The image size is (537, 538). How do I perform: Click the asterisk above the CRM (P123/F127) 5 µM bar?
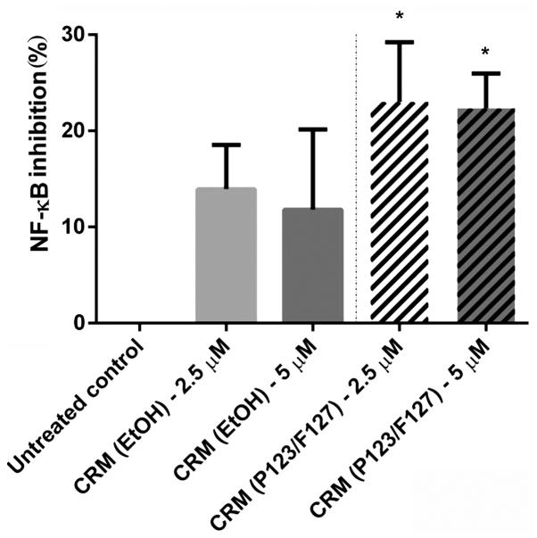click(486, 52)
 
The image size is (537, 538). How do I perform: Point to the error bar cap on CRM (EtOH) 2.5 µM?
click(227, 145)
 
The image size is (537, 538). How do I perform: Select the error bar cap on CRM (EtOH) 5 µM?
click(312, 129)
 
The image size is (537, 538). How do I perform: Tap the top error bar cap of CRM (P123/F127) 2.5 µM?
click(399, 42)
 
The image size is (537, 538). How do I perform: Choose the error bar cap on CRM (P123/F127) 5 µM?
click(486, 73)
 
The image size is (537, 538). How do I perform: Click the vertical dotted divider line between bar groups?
click(356, 178)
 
